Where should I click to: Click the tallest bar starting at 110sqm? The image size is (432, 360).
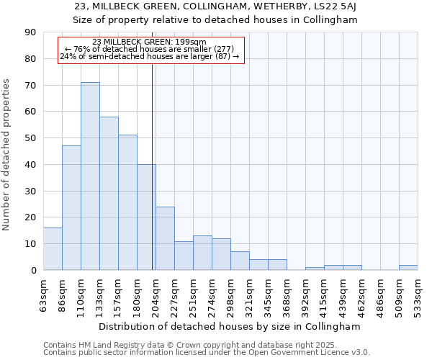click(90, 176)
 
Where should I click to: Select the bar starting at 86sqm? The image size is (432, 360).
click(71, 208)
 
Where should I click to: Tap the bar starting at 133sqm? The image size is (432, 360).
click(109, 194)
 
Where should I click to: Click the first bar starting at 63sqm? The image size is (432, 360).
click(53, 249)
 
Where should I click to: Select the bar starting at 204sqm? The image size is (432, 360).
click(165, 238)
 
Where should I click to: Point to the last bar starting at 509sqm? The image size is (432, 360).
click(408, 268)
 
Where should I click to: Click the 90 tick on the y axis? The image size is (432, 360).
click(30, 32)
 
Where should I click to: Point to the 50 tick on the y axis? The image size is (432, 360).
click(30, 138)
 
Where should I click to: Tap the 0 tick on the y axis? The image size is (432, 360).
click(33, 270)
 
